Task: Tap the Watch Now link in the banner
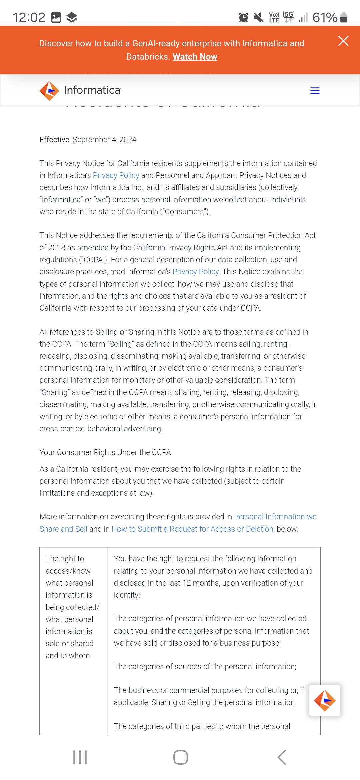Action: click(195, 57)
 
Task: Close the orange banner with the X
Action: click(343, 41)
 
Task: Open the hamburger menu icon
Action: click(315, 91)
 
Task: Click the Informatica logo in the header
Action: click(80, 90)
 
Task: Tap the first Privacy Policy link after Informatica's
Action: click(116, 175)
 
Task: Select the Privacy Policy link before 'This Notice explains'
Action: click(195, 272)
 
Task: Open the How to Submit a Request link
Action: click(192, 529)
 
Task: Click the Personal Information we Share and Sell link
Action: click(275, 517)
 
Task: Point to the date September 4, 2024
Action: click(104, 140)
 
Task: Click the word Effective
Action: click(54, 140)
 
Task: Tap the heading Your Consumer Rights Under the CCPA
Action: click(105, 452)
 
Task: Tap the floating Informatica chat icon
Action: click(324, 700)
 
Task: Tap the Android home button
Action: click(180, 757)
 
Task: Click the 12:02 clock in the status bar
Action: click(29, 17)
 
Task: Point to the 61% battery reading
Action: click(325, 17)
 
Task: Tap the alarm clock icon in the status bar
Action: click(243, 17)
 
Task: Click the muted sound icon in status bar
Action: click(258, 17)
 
